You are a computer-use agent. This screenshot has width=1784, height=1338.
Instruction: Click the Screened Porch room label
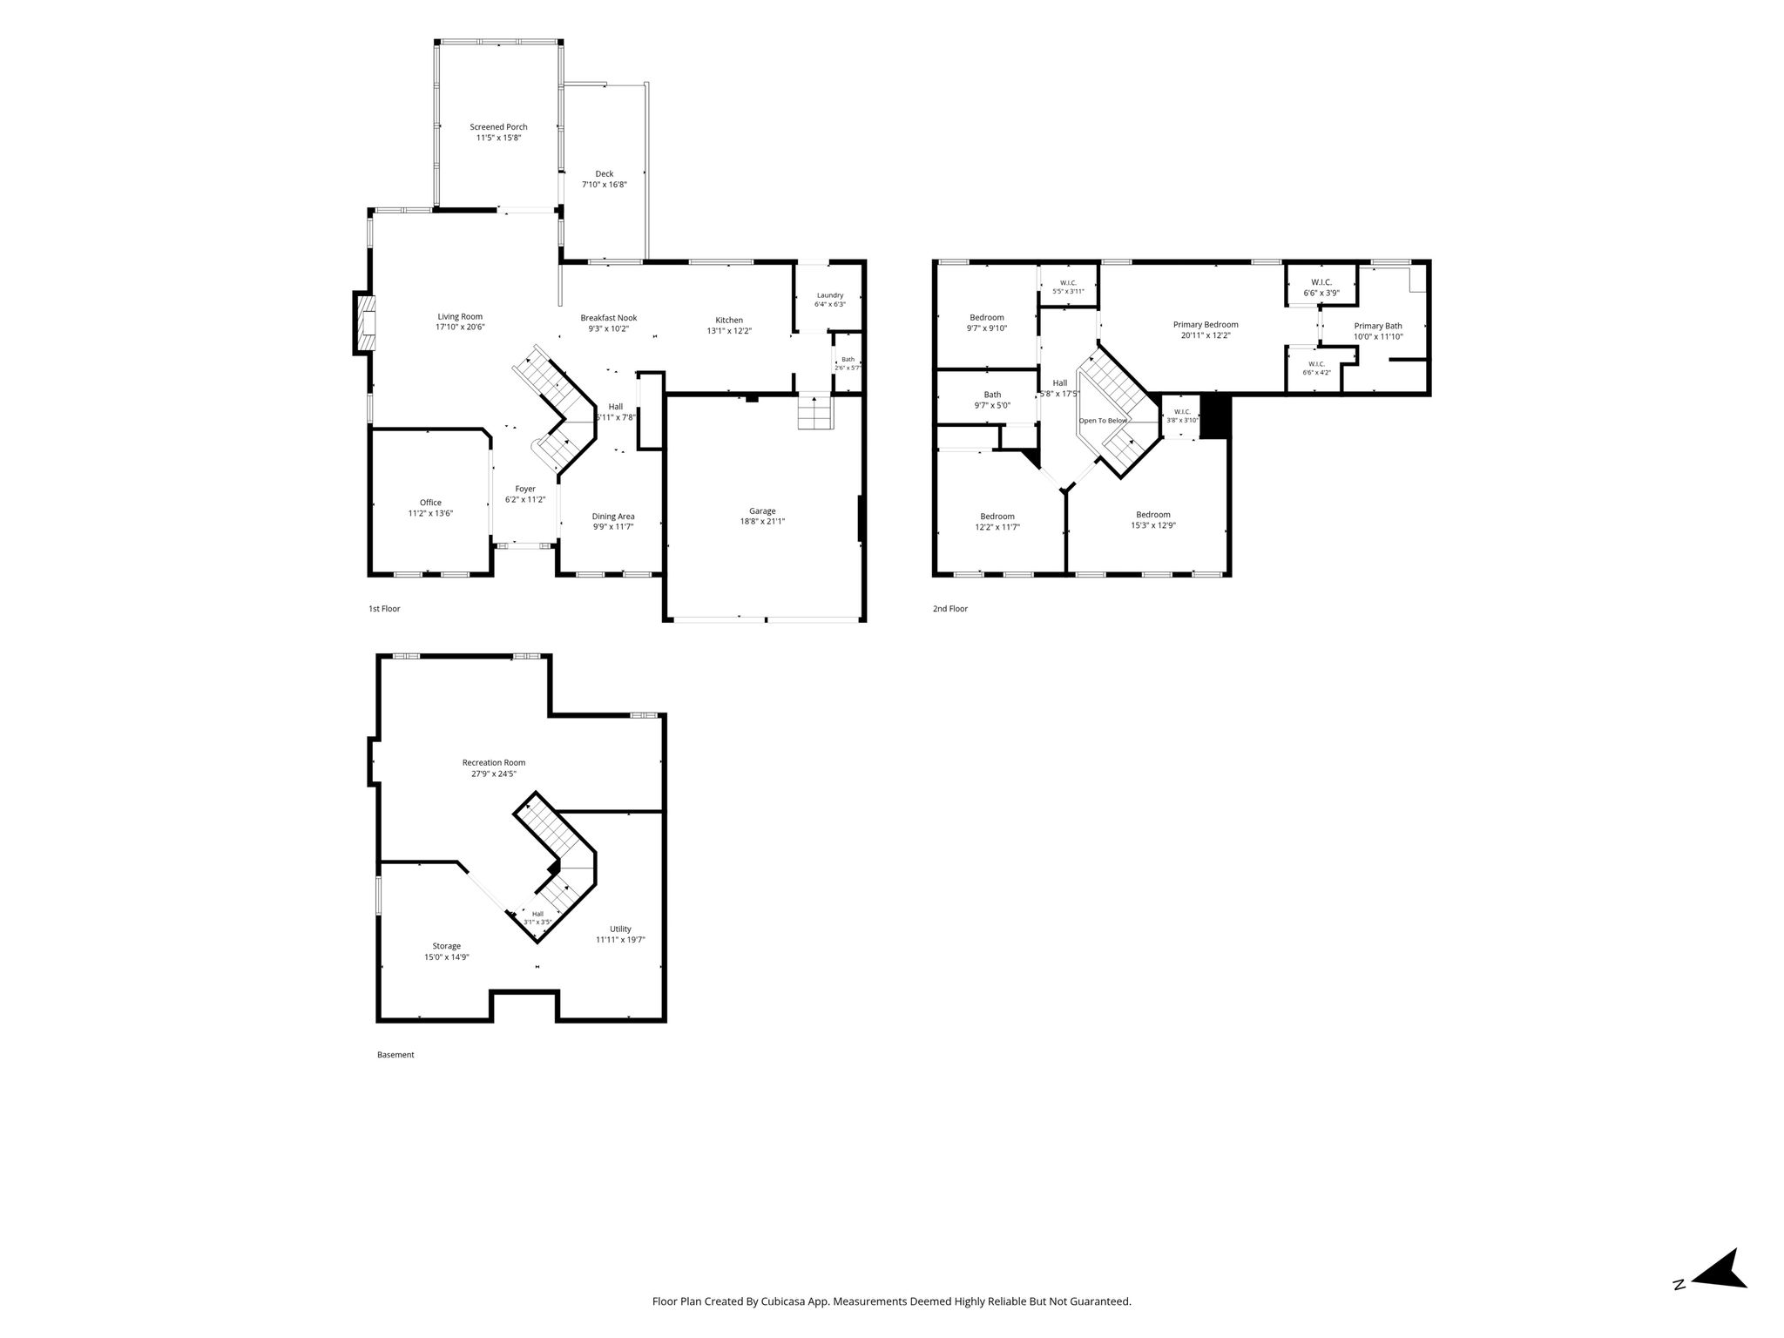[498, 127]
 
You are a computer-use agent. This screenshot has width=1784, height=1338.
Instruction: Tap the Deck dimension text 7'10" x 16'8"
[605, 185]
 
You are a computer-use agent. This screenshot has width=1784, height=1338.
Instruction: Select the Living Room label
[460, 317]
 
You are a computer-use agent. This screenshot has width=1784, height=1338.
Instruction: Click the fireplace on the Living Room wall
[365, 323]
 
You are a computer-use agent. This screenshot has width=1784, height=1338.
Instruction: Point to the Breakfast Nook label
[609, 318]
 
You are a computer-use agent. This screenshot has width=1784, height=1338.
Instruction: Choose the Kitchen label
[729, 320]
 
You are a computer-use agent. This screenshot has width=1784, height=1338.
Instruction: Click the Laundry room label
[829, 295]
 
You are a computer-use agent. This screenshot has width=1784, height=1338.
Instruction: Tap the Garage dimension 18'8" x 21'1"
[762, 522]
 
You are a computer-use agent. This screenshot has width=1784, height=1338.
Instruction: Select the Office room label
[430, 503]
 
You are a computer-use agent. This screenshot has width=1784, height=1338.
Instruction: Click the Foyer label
[525, 490]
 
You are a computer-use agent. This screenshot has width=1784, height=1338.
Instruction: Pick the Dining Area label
[613, 517]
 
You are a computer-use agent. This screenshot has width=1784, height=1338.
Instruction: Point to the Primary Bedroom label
[1206, 325]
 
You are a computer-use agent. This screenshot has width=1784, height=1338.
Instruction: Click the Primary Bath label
[1378, 326]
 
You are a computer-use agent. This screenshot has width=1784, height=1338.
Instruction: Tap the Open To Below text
[1104, 421]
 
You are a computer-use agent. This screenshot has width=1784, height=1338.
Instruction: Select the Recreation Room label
[494, 763]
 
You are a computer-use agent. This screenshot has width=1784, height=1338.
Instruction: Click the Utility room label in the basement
[620, 929]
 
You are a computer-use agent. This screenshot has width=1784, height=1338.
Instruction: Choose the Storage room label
[447, 947]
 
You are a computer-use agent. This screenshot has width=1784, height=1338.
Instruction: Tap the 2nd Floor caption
[950, 609]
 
